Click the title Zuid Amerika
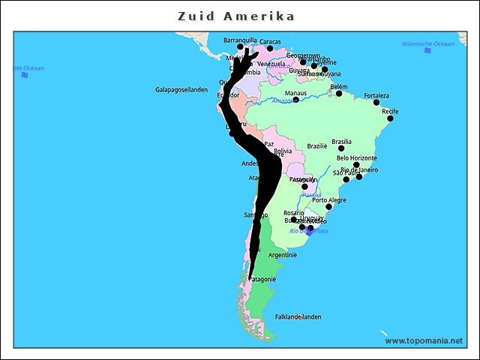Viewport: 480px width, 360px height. (x=236, y=16)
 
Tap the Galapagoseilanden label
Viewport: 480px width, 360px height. (x=181, y=89)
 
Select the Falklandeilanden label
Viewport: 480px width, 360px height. (x=298, y=316)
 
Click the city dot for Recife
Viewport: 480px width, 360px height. (x=390, y=118)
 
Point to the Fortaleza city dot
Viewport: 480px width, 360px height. (x=376, y=102)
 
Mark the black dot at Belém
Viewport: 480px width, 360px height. (x=339, y=94)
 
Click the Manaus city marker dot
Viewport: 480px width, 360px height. (x=295, y=100)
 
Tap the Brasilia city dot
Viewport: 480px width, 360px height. (x=341, y=148)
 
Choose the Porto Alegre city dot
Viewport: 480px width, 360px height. (x=328, y=207)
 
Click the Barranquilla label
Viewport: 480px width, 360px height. (x=240, y=40)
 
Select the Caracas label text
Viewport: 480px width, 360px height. (x=270, y=41)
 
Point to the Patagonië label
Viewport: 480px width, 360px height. (x=262, y=280)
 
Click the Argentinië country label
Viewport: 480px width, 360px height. (x=283, y=255)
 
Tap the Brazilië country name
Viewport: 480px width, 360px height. (x=317, y=146)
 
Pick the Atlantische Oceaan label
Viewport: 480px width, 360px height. (x=427, y=44)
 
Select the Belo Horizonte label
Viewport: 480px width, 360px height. (x=356, y=158)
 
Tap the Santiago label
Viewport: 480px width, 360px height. (x=256, y=215)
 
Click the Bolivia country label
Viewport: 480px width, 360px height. (x=283, y=151)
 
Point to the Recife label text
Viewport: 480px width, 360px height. (x=390, y=112)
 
